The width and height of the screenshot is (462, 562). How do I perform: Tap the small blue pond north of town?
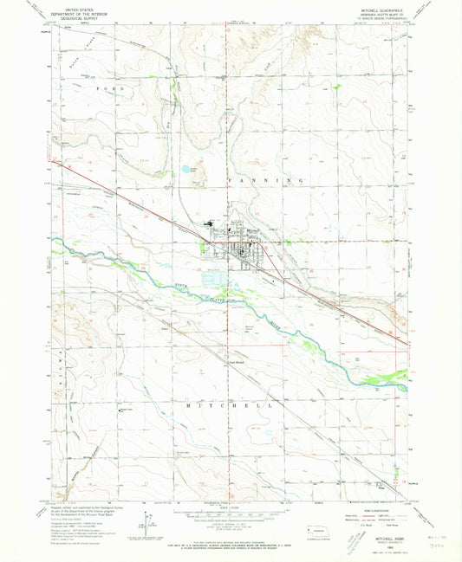point(185,169)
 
